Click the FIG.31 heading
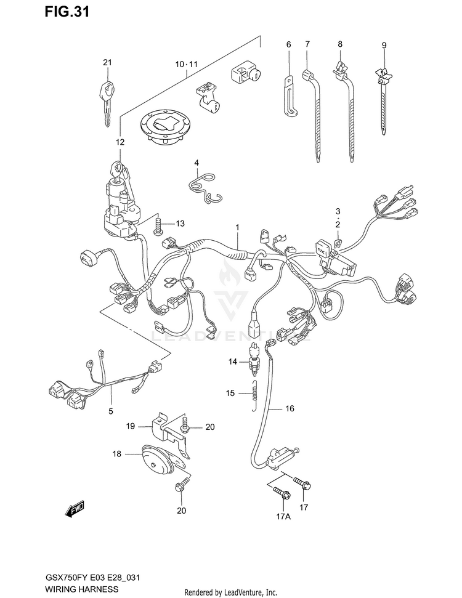tap(67, 12)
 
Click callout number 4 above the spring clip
tap(197, 163)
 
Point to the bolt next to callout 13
tap(158, 226)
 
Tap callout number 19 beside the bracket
tap(131, 426)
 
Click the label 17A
tap(283, 517)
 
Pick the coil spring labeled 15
tap(255, 395)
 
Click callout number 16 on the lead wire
tap(290, 408)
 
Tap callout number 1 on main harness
tap(237, 228)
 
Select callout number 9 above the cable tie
tap(384, 46)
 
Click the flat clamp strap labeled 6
tap(290, 95)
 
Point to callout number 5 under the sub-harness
tap(111, 411)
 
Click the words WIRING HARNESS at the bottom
tap(82, 589)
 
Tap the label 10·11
tap(187, 64)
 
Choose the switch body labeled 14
tap(254, 357)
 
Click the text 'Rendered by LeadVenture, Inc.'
tap(231, 592)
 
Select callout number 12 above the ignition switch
tap(120, 142)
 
